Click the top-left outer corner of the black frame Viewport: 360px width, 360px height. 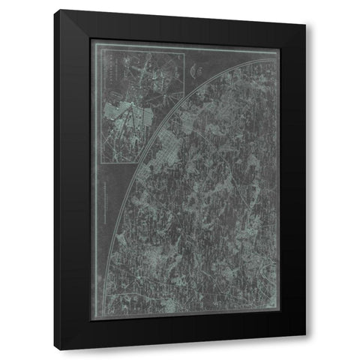pyautogui.click(x=61, y=10)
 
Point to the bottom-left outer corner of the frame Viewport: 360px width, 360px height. pyautogui.click(x=61, y=351)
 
